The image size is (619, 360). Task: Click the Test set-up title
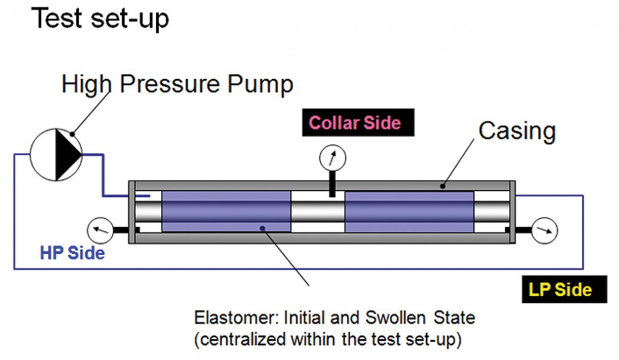point(100,19)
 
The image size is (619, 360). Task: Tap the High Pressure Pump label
point(177,84)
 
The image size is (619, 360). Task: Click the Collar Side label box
point(354,123)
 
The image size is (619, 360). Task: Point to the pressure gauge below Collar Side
point(332,159)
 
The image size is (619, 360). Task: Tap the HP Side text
point(73,252)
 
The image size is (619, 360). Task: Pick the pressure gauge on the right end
point(545,230)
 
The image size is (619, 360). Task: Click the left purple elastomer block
point(226,211)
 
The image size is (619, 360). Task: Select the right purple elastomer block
point(409,211)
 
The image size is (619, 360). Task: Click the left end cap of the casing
point(132,212)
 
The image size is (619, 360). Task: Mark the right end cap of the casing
point(513,212)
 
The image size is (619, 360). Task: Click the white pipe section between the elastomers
point(317,211)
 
